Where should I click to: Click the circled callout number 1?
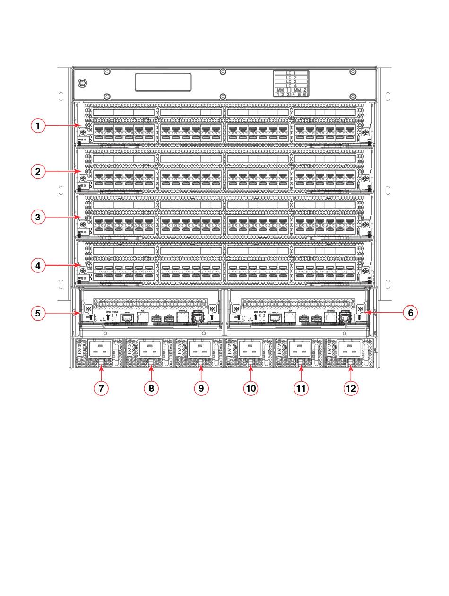38,126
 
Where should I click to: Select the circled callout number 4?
38,266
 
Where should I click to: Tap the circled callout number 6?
410,313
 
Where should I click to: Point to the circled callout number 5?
38,313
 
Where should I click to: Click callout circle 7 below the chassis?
101,388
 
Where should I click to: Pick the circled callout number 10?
250,388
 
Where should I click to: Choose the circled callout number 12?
351,388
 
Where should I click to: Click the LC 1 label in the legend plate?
291,74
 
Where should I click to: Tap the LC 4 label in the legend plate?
291,86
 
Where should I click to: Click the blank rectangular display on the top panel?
163,82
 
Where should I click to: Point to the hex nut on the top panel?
82,83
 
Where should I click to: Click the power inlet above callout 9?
200,349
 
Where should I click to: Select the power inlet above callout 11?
300,349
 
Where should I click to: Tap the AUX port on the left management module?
142,317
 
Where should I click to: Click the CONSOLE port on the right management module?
331,317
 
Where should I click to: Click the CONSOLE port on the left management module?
182,317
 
